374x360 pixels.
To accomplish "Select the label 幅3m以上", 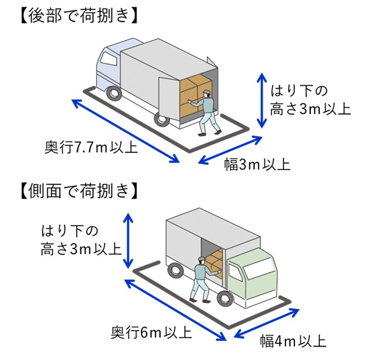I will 257,164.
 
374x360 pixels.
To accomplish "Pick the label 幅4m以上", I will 294,340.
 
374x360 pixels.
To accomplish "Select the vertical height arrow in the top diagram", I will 261,100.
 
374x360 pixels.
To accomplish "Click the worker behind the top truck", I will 207,113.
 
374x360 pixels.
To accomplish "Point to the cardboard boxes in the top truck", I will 194,92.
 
